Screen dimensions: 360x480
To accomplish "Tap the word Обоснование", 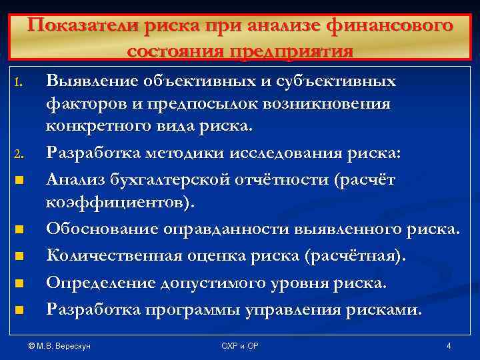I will (x=95, y=229).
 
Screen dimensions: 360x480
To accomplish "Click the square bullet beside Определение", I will (x=19, y=283).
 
